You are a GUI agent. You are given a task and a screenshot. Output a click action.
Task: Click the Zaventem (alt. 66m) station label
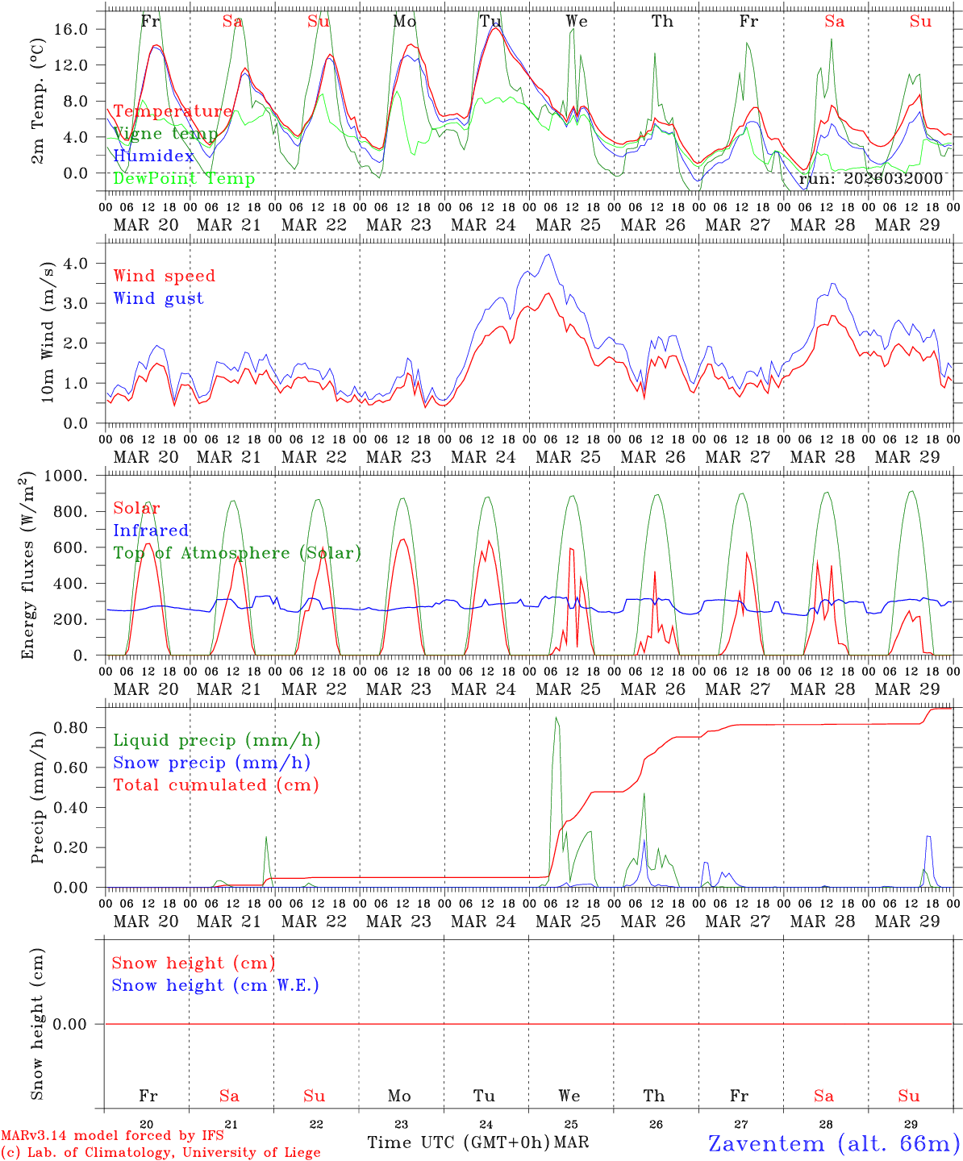[834, 1143]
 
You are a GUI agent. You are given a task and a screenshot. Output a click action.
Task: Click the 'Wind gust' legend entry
[158, 298]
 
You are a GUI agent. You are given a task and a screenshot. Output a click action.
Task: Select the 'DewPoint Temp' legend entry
[184, 178]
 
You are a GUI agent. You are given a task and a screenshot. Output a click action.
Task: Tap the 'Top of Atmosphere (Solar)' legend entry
[237, 553]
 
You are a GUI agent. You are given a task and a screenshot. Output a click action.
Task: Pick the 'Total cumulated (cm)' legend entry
[215, 784]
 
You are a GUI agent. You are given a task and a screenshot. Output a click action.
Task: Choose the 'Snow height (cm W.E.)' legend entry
[215, 985]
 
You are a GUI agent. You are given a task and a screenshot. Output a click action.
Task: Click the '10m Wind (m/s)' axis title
[48, 332]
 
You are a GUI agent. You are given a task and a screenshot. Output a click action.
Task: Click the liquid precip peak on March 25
[556, 718]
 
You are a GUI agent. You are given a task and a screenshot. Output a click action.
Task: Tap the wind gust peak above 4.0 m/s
[548, 255]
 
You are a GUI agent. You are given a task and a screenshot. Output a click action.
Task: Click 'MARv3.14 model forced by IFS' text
[112, 1136]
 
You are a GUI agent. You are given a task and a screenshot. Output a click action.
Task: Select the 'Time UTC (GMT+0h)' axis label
[458, 1142]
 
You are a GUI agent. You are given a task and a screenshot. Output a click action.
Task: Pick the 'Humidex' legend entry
[153, 156]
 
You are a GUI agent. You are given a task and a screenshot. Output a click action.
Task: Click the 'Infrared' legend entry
[151, 531]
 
